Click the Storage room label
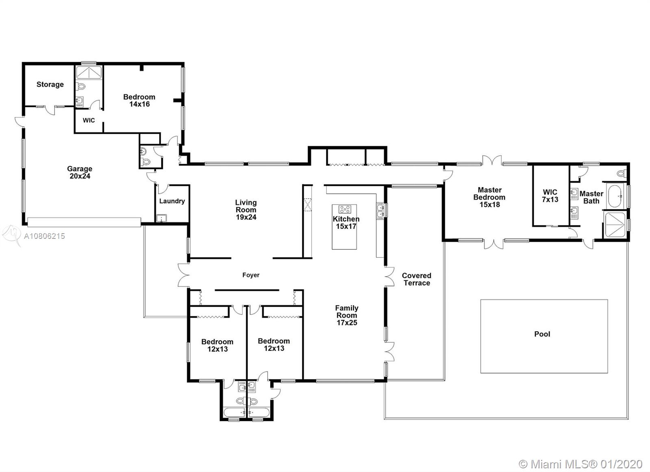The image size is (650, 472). point(50,84)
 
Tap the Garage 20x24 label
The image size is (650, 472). point(80,172)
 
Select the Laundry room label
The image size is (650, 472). point(172,201)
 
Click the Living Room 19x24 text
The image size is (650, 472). point(246,210)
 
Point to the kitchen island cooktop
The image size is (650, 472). point(345,209)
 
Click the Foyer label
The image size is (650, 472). point(251,275)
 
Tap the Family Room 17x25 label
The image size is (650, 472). point(347,315)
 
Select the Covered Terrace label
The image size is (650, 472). point(417,279)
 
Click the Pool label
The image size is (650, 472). point(542,334)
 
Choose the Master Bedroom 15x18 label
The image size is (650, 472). point(490,197)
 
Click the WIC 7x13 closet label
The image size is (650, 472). point(550,196)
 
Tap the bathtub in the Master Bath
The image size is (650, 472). point(615,196)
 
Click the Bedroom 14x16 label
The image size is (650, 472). point(139,100)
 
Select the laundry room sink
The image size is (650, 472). point(161,219)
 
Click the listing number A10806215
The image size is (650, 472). point(44,236)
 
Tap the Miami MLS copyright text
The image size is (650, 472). point(581,464)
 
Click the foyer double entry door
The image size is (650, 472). point(184,275)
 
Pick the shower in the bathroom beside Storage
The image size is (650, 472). point(89,73)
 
